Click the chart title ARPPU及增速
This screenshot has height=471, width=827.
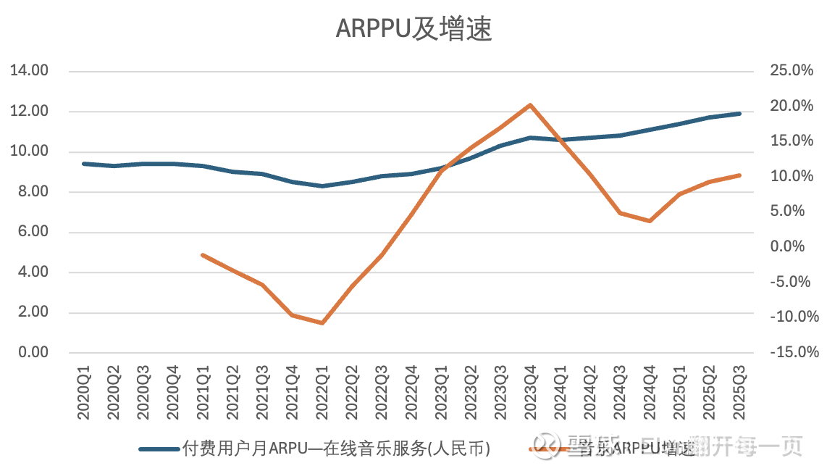pyautogui.click(x=413, y=30)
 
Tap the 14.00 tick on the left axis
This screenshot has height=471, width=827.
pyautogui.click(x=28, y=71)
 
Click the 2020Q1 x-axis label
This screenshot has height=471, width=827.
pyautogui.click(x=84, y=396)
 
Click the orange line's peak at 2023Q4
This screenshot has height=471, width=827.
pyautogui.click(x=530, y=105)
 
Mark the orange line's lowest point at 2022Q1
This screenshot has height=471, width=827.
pyautogui.click(x=322, y=323)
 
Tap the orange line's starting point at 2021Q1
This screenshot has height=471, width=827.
pyautogui.click(x=203, y=255)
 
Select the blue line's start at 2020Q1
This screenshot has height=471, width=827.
pyautogui.click(x=84, y=164)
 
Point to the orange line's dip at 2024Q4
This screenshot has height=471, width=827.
pyautogui.click(x=650, y=221)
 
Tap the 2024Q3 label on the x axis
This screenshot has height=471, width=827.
pyautogui.click(x=620, y=396)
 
